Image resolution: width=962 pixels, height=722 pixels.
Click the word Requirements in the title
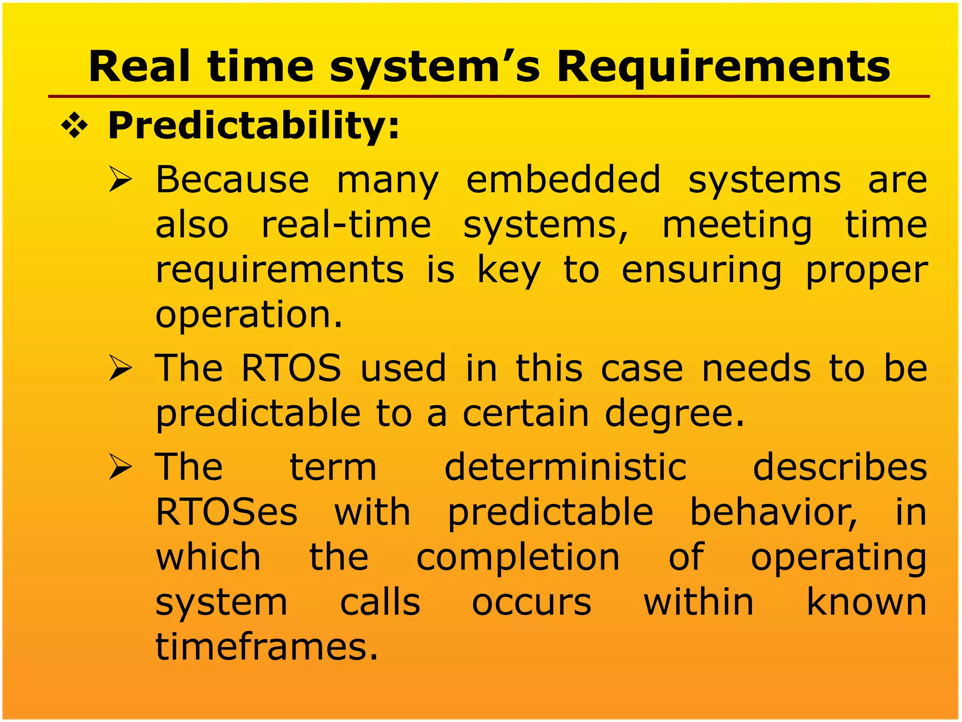(723, 67)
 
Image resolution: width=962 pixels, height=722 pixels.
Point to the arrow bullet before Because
(120, 180)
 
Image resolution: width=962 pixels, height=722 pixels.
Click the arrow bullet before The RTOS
(120, 369)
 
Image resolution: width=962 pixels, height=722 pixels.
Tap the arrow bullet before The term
(120, 468)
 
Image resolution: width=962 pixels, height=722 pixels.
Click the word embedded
(563, 180)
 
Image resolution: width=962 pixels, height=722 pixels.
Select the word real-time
(346, 225)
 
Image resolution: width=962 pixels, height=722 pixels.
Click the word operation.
(249, 315)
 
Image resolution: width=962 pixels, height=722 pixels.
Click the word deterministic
(566, 467)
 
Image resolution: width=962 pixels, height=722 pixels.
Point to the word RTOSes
(226, 512)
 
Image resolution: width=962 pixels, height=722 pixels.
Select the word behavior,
(773, 512)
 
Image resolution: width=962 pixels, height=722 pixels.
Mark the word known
(867, 603)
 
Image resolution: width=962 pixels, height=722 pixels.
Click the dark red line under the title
(489, 97)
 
